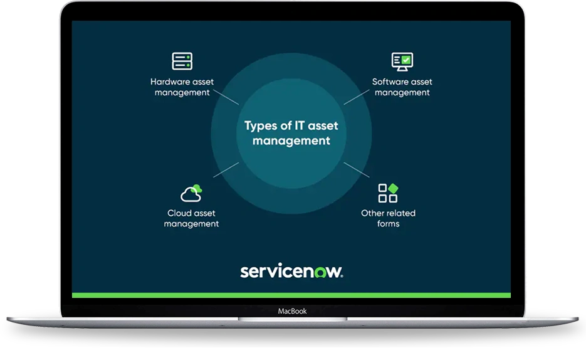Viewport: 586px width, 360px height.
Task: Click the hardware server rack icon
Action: click(182, 61)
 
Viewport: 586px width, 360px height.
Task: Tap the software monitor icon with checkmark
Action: click(402, 61)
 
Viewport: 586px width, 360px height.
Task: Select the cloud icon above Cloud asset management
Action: click(191, 193)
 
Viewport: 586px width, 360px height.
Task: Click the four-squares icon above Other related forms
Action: click(388, 193)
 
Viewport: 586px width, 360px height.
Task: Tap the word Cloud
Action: click(179, 213)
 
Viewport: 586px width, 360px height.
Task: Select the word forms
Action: click(389, 223)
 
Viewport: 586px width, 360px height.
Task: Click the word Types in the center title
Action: click(261, 126)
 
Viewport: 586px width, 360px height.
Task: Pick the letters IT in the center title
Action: click(300, 125)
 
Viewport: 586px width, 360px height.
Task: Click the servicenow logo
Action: click(291, 271)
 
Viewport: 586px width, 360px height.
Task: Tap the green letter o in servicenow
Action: click(320, 273)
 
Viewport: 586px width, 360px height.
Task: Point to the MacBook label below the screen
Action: click(292, 311)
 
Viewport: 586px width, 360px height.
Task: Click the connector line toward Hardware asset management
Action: click(226, 97)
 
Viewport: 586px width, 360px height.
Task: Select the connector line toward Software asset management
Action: click(357, 97)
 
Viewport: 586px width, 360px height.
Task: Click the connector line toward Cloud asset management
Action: click(226, 170)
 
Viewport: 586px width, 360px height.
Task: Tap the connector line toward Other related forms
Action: click(357, 170)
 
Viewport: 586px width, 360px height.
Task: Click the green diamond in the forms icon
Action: click(393, 188)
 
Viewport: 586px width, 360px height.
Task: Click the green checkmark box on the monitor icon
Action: click(406, 60)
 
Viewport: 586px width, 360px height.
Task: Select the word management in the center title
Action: click(291, 141)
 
